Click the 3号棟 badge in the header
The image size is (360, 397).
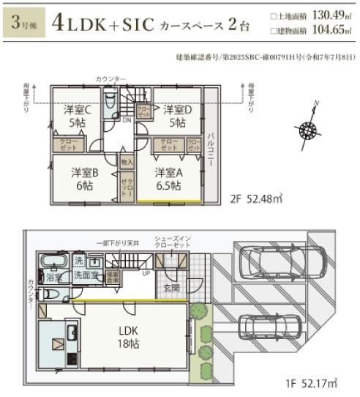point(24,23)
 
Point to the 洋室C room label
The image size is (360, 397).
point(76,116)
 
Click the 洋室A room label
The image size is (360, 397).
point(168,179)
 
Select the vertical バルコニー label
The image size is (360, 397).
point(210,151)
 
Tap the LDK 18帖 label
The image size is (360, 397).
point(130,335)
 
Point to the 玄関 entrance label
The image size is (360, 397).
point(172,286)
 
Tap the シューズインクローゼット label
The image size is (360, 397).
point(173,242)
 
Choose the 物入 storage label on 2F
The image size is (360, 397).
point(127,160)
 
